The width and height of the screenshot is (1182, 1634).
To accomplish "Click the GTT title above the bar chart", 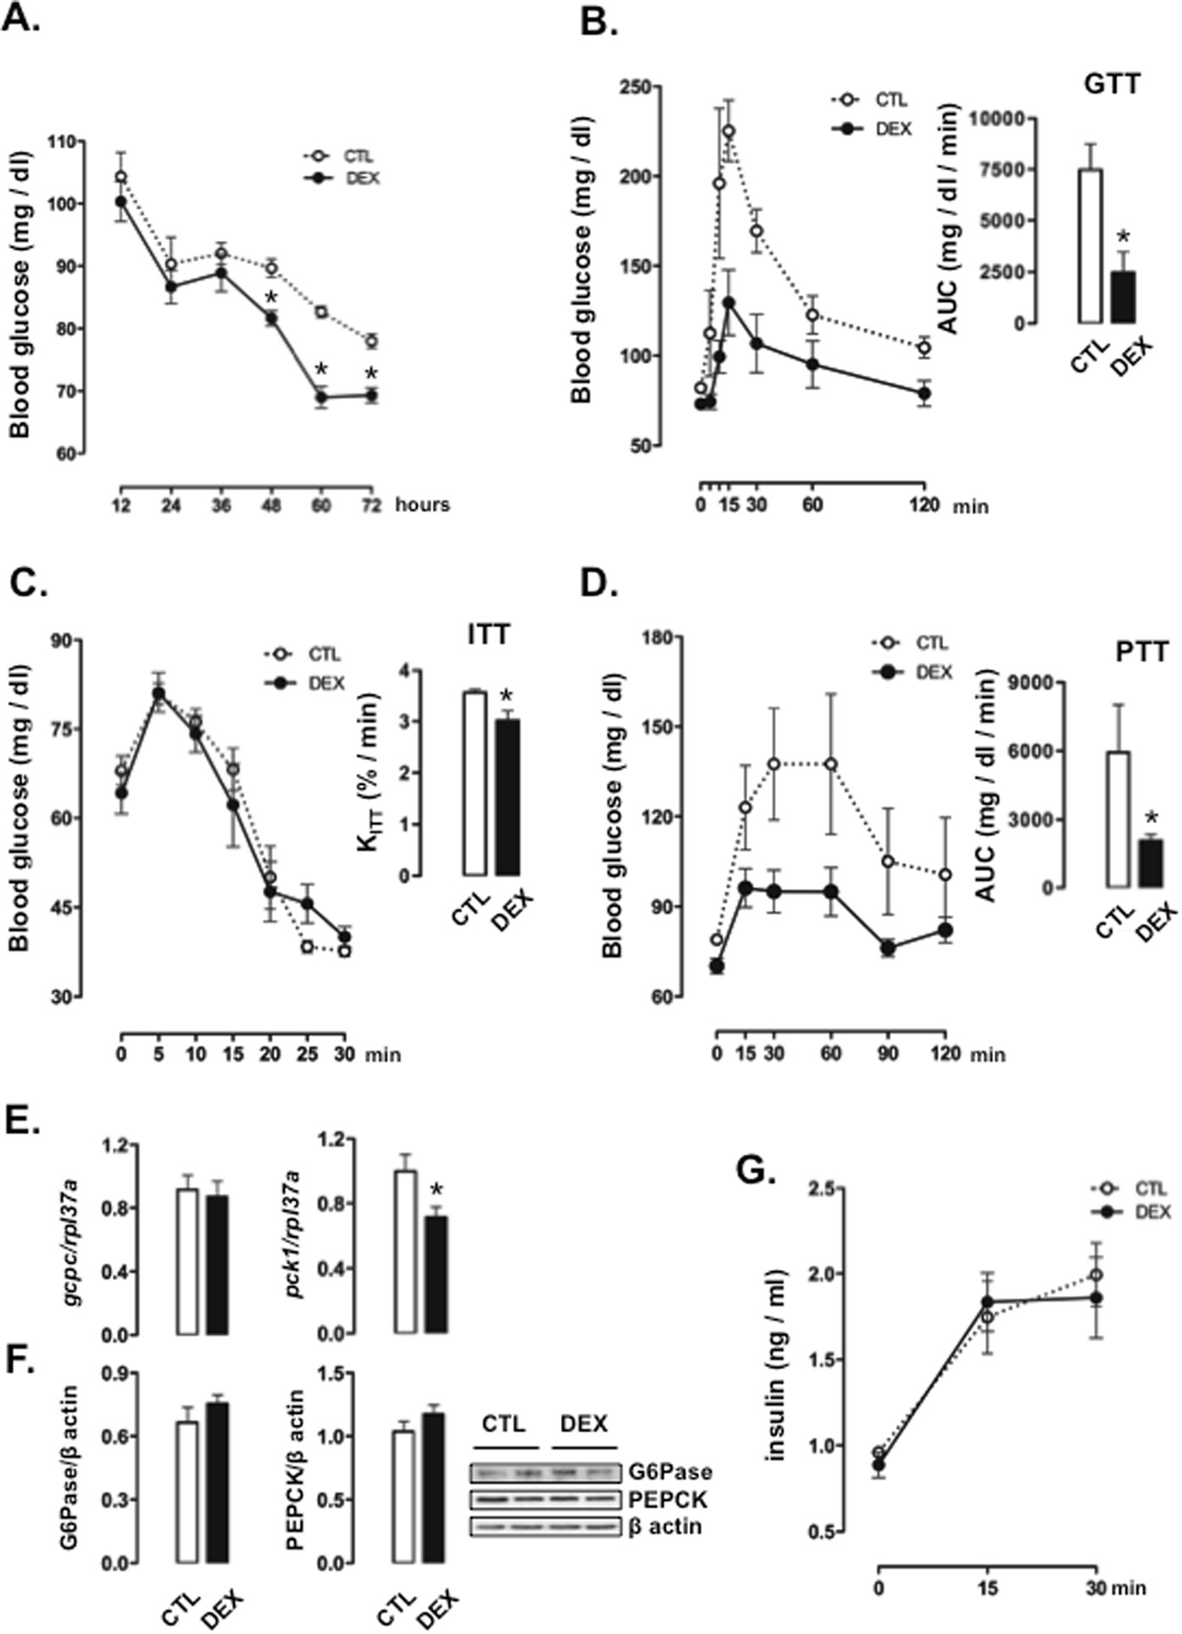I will point(1111,84).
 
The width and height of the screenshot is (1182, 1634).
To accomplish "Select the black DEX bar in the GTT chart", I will point(1124,296).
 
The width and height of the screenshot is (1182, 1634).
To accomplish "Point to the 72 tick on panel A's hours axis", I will point(369,505).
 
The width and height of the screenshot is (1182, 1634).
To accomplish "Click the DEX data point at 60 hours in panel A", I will point(321,397).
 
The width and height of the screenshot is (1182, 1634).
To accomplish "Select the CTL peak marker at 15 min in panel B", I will point(728,131).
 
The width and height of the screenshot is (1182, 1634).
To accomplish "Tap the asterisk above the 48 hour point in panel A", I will point(271,299).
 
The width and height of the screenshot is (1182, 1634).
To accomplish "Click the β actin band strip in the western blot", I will point(545,1526).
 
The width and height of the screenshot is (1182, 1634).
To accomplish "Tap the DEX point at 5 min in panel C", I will point(158,695).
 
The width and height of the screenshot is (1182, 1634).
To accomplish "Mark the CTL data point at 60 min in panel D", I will point(831,764).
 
